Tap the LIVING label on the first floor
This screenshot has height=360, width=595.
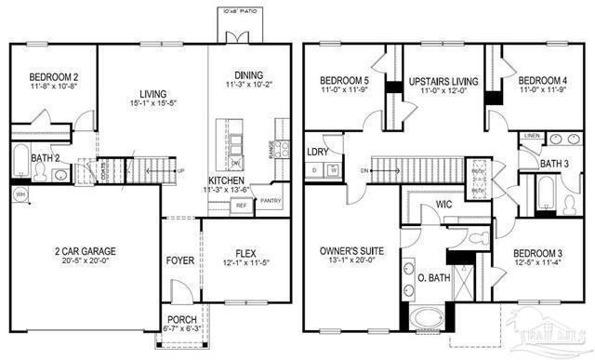pos(152,93)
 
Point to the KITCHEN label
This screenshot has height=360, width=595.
pos(227,180)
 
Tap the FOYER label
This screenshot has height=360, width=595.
pos(180,260)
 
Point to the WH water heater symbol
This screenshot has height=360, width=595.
pos(20,193)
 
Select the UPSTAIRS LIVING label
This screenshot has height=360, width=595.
pos(443,82)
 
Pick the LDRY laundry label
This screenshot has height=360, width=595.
pos(317,151)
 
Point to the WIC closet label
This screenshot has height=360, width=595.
pos(443,207)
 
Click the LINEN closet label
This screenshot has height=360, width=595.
pos(531,136)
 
